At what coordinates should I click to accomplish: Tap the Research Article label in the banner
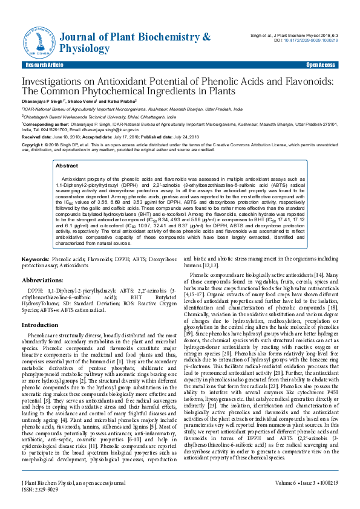pyautogui.click(x=44, y=65)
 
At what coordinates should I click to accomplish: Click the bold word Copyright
pyautogui.click(x=33, y=146)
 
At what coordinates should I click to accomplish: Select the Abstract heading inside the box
pyautogui.click(x=66, y=165)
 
